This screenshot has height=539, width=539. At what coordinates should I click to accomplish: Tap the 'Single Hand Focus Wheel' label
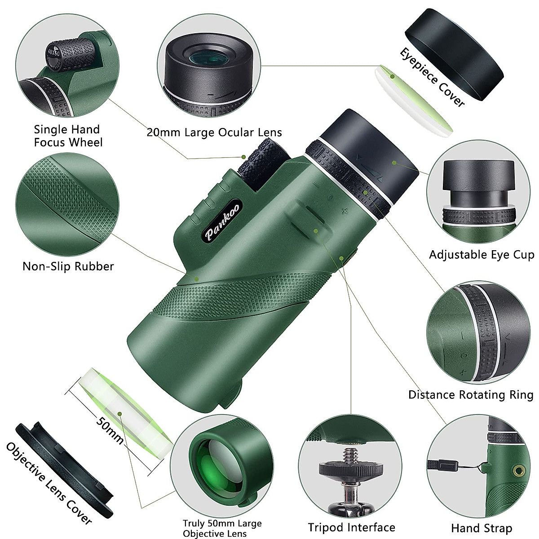click(x=68, y=136)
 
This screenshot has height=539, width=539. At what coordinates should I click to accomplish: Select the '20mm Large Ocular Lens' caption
click(x=214, y=132)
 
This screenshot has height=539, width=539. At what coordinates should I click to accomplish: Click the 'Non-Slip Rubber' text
click(x=68, y=266)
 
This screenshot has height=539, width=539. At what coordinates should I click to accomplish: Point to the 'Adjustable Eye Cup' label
click(x=482, y=255)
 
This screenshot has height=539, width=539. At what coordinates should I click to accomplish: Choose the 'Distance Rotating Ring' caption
click(x=470, y=395)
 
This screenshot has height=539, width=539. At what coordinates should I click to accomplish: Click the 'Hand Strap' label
click(x=482, y=528)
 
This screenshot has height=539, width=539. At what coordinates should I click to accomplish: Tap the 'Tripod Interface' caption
click(x=352, y=527)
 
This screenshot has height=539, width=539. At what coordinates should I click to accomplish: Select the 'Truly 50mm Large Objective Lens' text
click(x=222, y=528)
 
